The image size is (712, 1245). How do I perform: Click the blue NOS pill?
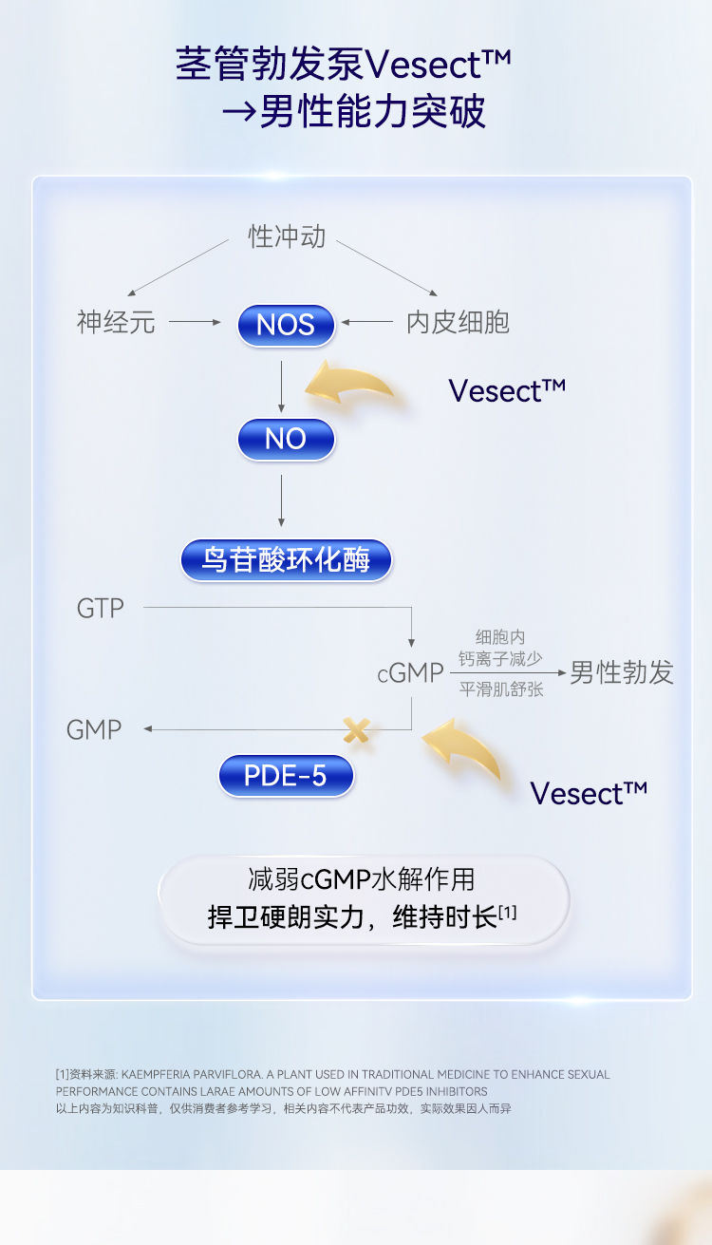(x=286, y=325)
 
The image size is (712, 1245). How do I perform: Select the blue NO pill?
(x=286, y=439)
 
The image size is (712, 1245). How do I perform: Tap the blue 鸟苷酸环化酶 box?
(x=286, y=559)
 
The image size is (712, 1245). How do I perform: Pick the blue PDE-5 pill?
(x=286, y=776)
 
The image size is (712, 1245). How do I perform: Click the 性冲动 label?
(x=287, y=236)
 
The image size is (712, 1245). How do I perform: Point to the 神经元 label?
(x=115, y=323)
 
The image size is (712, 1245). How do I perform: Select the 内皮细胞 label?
(x=458, y=323)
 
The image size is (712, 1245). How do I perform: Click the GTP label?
(x=100, y=608)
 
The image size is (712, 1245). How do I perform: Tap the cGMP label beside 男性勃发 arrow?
(x=410, y=673)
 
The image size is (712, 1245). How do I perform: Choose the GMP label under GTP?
(x=94, y=729)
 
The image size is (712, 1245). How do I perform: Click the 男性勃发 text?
(x=622, y=673)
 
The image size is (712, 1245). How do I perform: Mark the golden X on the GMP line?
(x=356, y=730)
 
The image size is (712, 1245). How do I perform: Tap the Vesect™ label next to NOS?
(x=507, y=390)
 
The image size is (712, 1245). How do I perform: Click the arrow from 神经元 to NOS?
(x=195, y=323)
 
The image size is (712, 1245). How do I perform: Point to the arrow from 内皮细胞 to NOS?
(x=367, y=323)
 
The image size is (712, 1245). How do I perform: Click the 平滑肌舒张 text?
(x=501, y=689)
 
